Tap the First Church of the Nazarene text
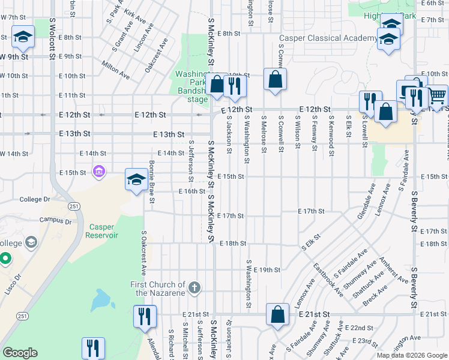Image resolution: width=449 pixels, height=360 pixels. pyautogui.click(x=158, y=289)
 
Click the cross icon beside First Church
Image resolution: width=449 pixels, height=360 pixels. pyautogui.click(x=193, y=289)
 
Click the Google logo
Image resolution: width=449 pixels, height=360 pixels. pyautogui.click(x=20, y=353)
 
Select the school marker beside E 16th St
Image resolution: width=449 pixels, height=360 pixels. pyautogui.click(x=136, y=179)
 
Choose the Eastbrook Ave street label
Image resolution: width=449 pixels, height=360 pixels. pyautogui.click(x=327, y=280)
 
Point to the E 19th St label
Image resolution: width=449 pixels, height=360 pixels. pyautogui.click(x=267, y=270)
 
